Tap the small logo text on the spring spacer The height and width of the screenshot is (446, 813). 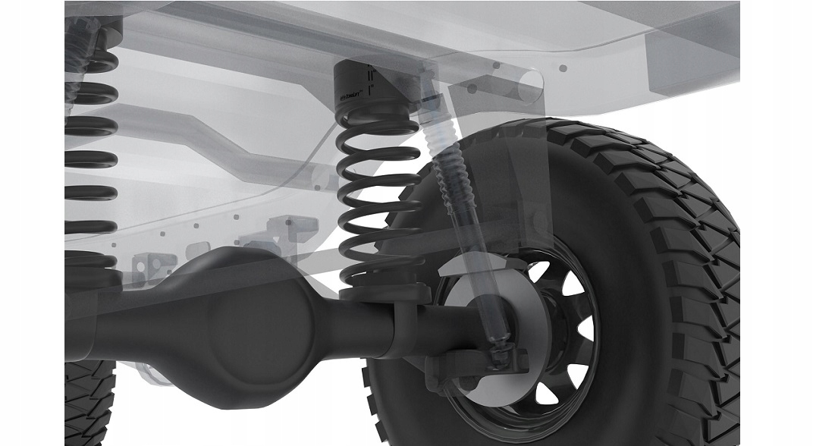(x=350, y=97)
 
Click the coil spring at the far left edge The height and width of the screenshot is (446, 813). (x=91, y=152)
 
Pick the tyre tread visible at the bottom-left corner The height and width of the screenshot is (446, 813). (x=87, y=402)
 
